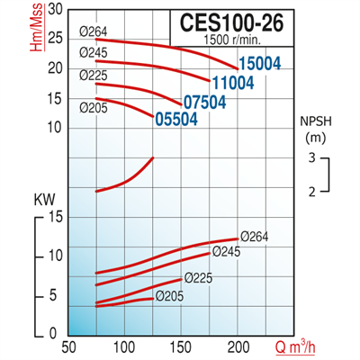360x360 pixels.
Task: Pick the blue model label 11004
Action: tap(233, 82)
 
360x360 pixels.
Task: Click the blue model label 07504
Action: tap(203, 101)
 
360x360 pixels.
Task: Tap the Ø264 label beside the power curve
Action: tap(256, 238)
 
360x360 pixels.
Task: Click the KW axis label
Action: tap(43, 198)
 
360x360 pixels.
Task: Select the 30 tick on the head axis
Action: tap(56, 9)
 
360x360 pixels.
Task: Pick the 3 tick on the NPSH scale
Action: tap(311, 158)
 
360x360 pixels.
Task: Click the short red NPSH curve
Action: tap(126, 175)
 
